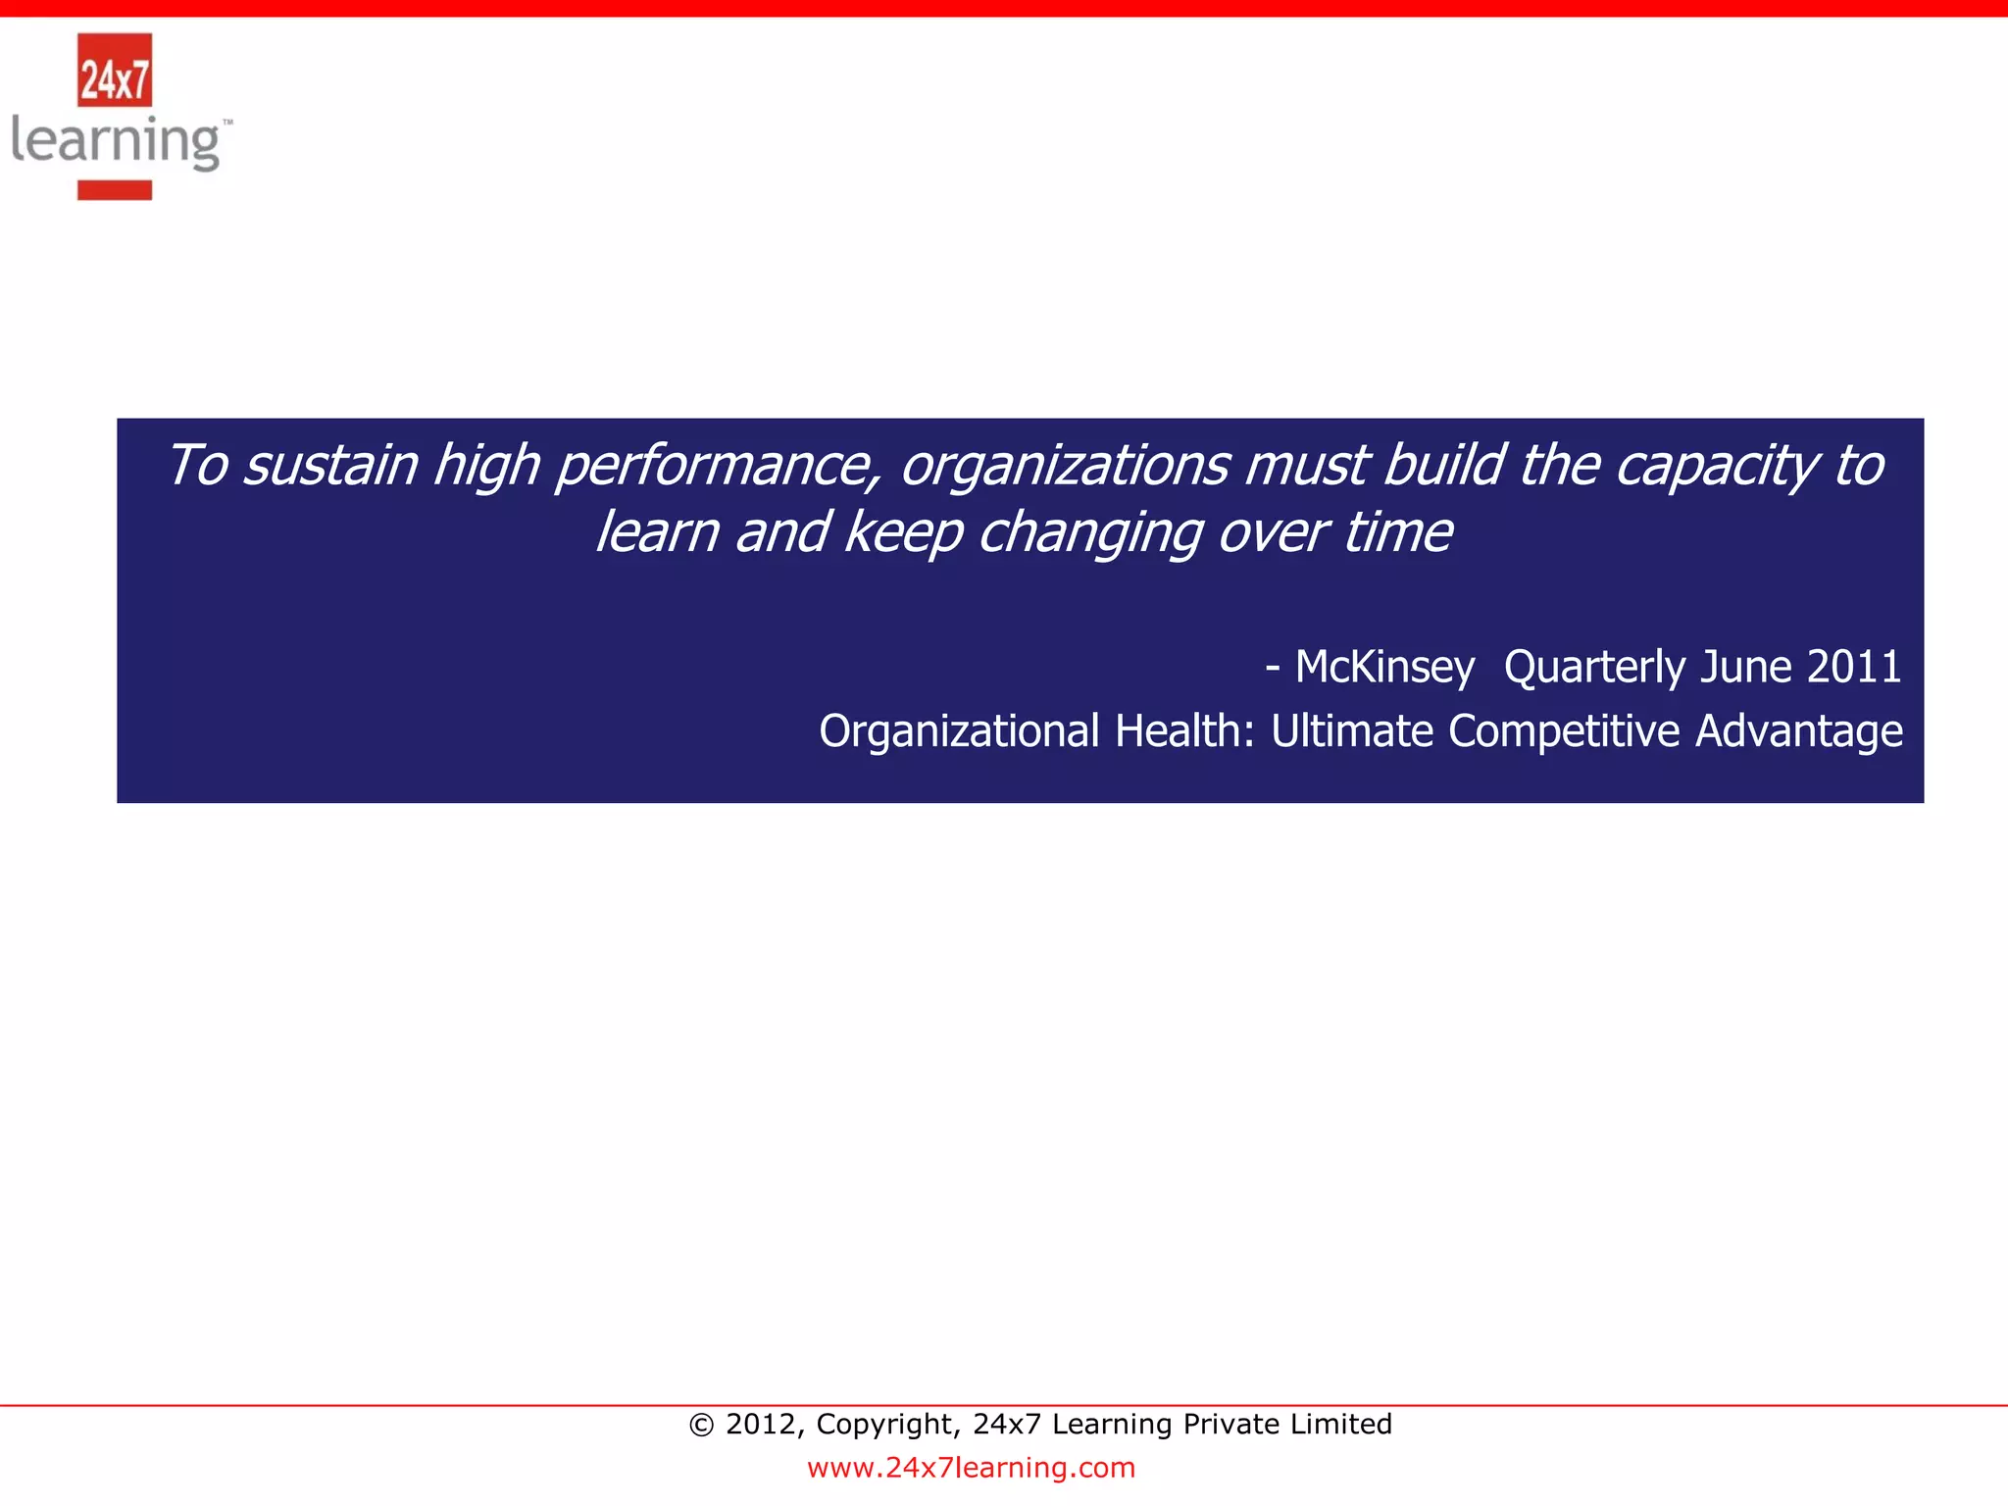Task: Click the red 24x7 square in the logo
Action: tap(115, 71)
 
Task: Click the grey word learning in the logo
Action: tap(116, 142)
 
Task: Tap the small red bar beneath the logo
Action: tap(115, 190)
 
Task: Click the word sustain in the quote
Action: tap(330, 466)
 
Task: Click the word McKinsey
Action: tap(1383, 668)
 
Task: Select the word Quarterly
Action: tap(1593, 668)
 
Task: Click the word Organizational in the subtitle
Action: tap(959, 732)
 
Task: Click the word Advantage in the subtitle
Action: tap(1799, 732)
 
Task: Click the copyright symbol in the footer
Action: tap(701, 1425)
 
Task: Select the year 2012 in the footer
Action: tap(759, 1425)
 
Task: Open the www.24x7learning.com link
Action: tap(971, 1468)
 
